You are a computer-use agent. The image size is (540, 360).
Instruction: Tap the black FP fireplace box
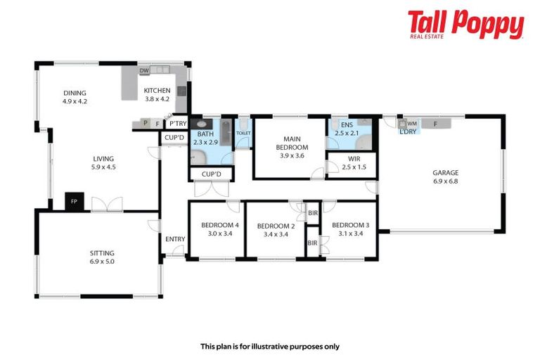(x=74, y=201)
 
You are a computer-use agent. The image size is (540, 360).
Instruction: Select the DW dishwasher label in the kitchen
(x=143, y=71)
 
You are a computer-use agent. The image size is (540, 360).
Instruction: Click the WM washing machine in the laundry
(x=412, y=123)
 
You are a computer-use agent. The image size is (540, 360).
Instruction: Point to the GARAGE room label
(x=445, y=172)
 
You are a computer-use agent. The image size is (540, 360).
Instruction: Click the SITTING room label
(x=102, y=253)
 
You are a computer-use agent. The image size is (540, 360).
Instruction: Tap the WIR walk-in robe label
(x=350, y=159)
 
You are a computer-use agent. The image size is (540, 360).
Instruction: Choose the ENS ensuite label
(x=346, y=124)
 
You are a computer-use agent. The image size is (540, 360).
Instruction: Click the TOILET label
(x=243, y=132)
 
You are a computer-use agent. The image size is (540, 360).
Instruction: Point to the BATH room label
(x=205, y=134)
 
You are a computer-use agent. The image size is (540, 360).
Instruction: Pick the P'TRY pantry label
(x=177, y=124)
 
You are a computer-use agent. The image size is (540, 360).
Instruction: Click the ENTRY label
(x=175, y=239)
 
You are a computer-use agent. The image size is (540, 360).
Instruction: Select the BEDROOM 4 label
(x=220, y=225)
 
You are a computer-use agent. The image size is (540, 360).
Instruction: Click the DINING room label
(x=74, y=93)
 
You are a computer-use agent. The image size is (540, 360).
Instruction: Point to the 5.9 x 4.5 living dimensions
(x=102, y=167)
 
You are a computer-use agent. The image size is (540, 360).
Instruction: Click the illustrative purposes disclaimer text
(x=270, y=346)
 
